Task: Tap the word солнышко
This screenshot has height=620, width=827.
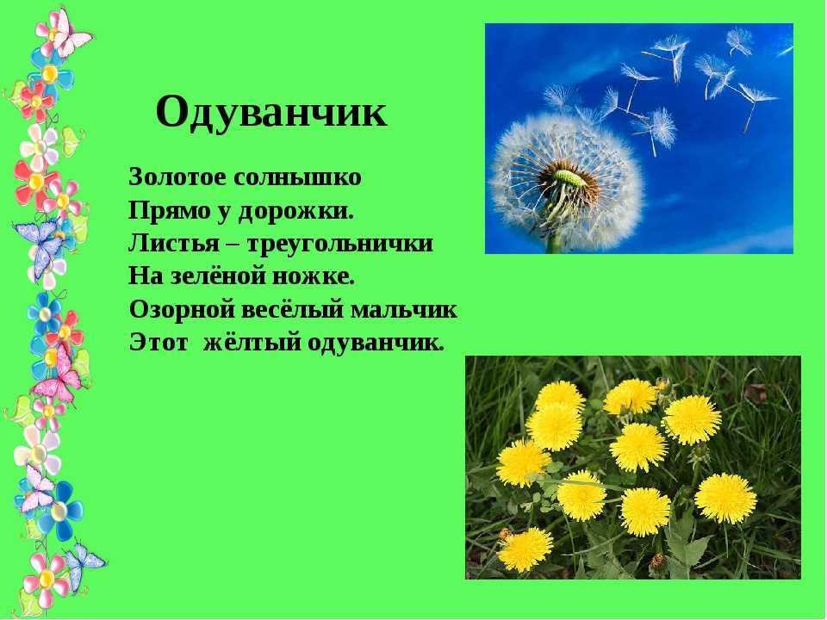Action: click(297, 177)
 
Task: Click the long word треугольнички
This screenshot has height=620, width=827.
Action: click(340, 245)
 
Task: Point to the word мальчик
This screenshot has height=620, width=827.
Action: click(404, 310)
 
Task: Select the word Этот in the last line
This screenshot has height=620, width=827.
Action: click(159, 344)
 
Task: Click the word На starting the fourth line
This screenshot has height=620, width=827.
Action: click(146, 277)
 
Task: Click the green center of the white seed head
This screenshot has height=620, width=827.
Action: click(570, 177)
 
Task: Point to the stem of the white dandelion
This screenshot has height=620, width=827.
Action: click(554, 243)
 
